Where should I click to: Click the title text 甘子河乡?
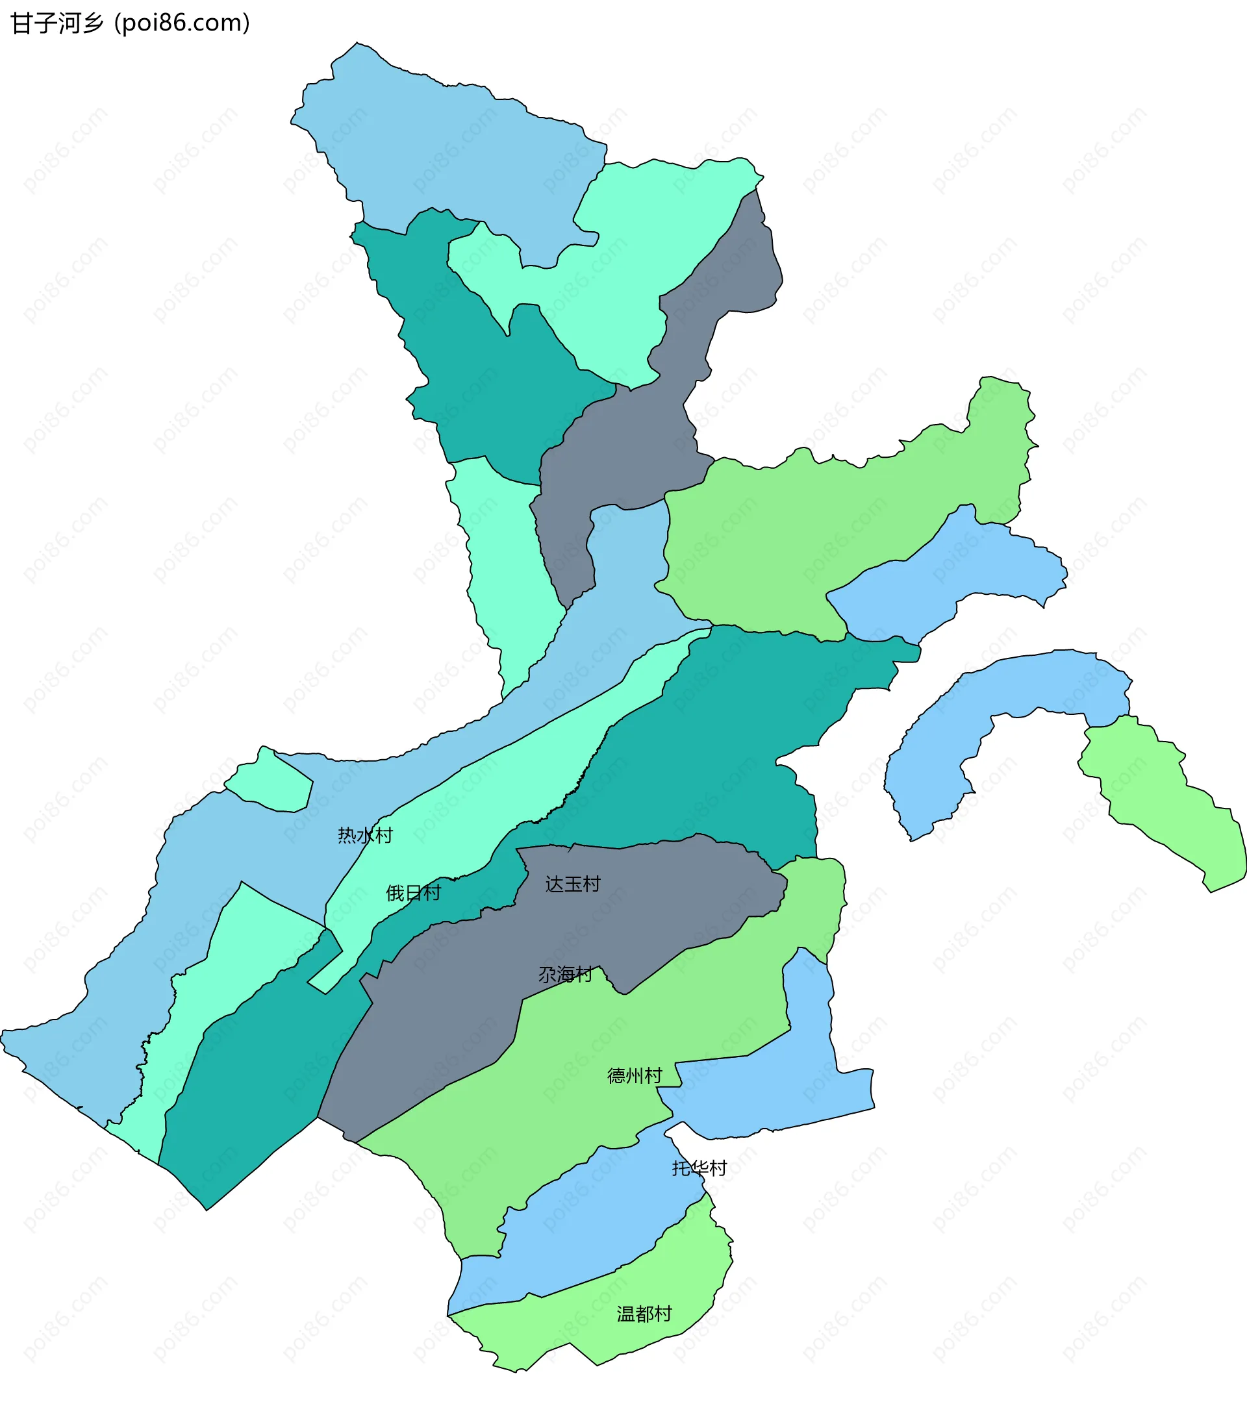57,23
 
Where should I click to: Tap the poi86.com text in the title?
182,23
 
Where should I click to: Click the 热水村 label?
365,836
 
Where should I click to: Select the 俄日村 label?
413,893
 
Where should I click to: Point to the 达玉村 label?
573,884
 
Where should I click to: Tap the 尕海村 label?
566,975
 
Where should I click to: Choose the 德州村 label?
635,1075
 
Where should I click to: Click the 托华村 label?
699,1168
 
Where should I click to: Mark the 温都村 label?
644,1314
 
